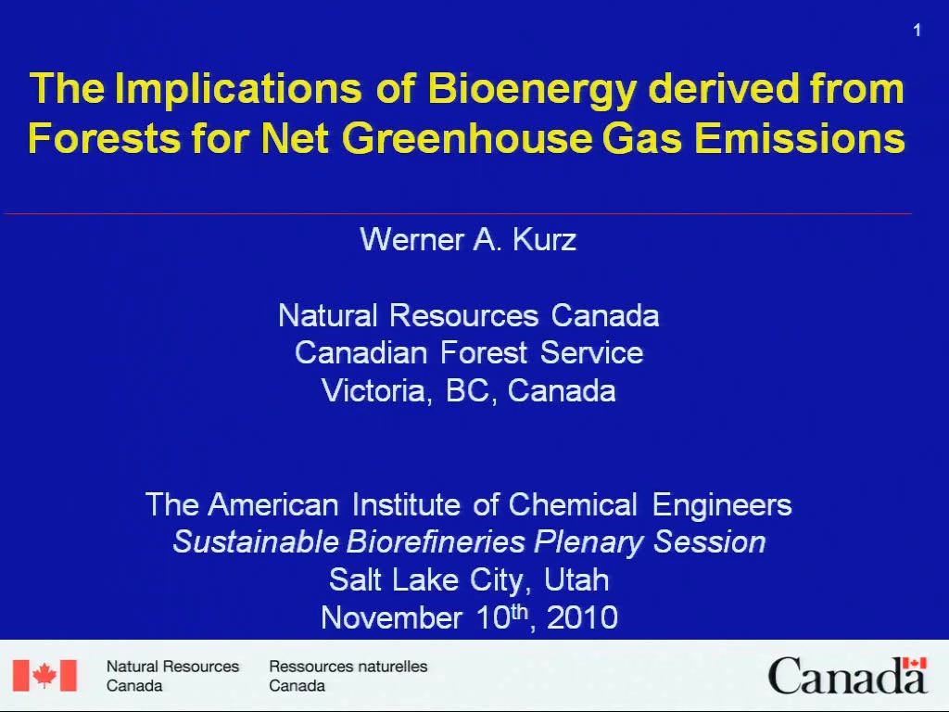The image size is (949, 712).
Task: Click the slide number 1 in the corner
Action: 917,31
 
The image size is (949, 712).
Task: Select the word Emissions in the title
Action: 800,139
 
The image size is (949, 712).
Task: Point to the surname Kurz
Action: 544,240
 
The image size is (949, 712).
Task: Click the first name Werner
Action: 412,240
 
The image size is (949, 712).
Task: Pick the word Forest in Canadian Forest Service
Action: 484,353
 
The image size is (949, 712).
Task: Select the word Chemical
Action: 573,505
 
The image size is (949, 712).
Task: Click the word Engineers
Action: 722,506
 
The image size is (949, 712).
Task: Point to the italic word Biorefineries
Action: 436,541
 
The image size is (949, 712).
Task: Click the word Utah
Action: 576,580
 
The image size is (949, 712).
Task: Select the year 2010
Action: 582,618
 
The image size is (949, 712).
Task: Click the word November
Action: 392,618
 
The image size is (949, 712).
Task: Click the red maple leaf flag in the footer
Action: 44,675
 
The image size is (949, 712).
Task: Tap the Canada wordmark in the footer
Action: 847,677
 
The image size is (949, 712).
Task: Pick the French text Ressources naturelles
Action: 348,667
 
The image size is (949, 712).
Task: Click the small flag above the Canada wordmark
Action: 915,664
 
